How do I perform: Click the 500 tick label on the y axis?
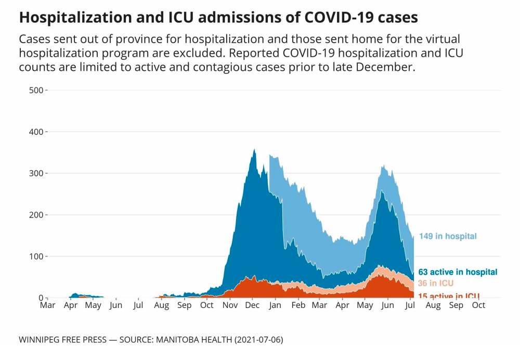click(35, 90)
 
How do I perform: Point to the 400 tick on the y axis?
click(35, 132)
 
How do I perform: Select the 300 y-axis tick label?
click(35, 173)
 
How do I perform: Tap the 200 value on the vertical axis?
click(35, 215)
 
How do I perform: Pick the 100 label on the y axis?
click(35, 256)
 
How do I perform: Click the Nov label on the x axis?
click(230, 305)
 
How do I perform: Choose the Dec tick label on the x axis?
click(253, 305)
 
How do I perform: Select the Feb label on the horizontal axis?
click(298, 305)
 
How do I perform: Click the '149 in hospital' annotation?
click(448, 236)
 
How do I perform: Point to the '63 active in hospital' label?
click(458, 272)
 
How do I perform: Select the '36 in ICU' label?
click(436, 284)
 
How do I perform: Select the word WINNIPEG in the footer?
click(41, 340)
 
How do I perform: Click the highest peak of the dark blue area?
click(254, 149)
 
